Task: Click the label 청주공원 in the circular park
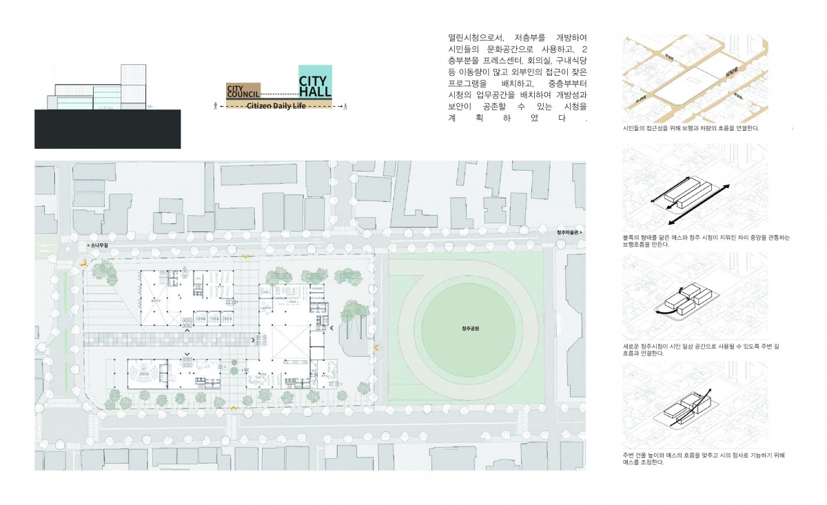[470, 329]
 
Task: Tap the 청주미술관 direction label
[569, 233]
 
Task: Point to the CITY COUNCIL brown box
[243, 91]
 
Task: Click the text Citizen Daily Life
[276, 106]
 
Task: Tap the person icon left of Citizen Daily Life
[216, 106]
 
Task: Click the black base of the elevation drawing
[108, 129]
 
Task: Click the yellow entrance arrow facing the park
[376, 347]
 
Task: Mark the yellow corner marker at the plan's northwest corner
[83, 263]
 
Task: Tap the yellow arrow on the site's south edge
[234, 409]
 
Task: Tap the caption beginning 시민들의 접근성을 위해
[691, 129]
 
